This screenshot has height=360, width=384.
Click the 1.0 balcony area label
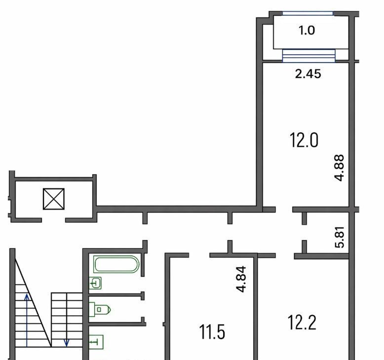click(307, 31)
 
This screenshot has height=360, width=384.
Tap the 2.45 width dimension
click(308, 73)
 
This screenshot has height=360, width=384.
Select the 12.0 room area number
click(304, 140)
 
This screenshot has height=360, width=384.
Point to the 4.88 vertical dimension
click(340, 168)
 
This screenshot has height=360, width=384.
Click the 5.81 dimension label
click(340, 237)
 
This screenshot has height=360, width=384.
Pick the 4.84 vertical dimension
click(241, 279)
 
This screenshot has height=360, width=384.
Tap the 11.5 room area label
click(212, 332)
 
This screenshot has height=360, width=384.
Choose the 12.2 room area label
click(302, 323)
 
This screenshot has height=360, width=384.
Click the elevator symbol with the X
click(54, 199)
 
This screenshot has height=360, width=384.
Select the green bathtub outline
click(116, 264)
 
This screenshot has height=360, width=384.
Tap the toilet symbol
click(100, 310)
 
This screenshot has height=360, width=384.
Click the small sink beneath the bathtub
click(95, 283)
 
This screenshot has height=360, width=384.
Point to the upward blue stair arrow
click(27, 321)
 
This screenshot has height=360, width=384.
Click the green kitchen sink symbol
click(96, 342)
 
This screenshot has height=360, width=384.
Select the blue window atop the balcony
click(308, 13)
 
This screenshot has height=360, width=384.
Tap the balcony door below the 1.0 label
click(309, 56)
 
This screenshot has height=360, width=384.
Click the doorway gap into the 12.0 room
click(284, 210)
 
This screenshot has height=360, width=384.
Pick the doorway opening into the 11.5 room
click(199, 255)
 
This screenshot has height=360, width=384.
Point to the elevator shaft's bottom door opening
click(53, 220)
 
